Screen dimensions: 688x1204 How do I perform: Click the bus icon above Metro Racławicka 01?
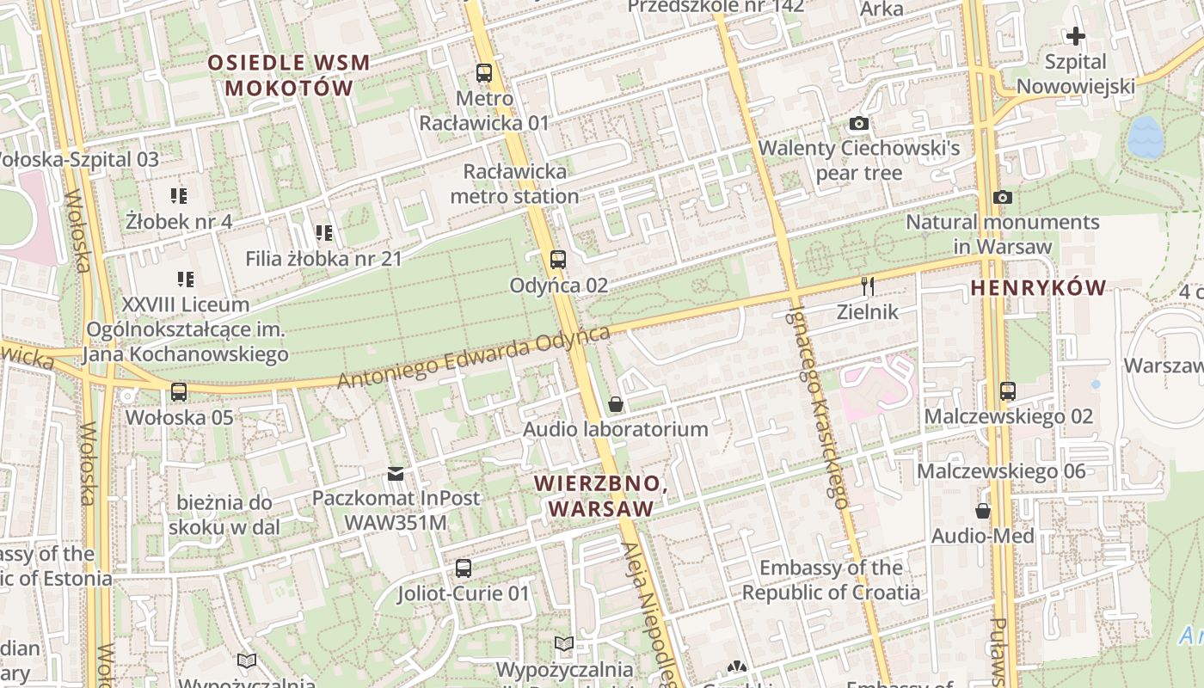tap(484, 73)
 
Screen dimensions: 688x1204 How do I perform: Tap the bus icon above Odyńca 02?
tap(558, 259)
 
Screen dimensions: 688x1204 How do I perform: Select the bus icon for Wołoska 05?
tap(179, 391)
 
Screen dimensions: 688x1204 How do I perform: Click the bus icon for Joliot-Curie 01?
tap(464, 568)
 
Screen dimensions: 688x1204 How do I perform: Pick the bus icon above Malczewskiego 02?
tap(1008, 390)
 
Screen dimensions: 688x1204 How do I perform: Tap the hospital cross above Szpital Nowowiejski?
tap(1075, 36)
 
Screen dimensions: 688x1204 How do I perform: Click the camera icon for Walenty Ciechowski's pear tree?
tap(858, 124)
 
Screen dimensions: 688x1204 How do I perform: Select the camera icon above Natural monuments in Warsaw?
tap(1002, 198)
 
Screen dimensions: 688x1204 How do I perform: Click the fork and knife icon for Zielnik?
tap(868, 286)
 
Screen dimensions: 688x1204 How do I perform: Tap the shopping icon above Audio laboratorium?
tap(616, 403)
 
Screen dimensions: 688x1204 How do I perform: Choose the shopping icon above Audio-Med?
tap(983, 511)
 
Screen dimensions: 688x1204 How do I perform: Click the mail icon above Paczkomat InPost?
tap(396, 473)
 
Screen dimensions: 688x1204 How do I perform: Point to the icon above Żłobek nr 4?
tap(179, 196)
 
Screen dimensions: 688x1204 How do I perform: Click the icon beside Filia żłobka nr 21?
tap(323, 232)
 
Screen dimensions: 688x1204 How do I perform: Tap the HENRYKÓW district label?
tap(1038, 289)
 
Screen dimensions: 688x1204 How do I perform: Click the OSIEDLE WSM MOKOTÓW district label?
tap(289, 75)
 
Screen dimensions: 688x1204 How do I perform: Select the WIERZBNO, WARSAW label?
tap(600, 495)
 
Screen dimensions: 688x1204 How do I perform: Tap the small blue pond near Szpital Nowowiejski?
tap(1144, 138)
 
